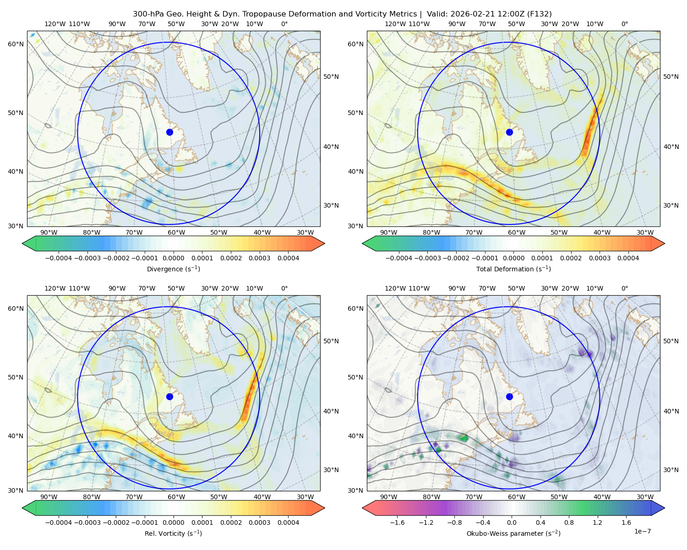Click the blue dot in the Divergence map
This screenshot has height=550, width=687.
169,132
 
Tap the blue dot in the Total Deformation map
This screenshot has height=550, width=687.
509,132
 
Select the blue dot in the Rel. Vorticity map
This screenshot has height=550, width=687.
169,396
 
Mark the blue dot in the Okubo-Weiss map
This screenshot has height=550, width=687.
509,396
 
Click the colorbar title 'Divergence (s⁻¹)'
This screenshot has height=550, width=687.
173,269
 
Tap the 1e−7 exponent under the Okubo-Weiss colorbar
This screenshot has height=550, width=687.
642,531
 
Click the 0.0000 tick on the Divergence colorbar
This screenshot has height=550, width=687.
173,258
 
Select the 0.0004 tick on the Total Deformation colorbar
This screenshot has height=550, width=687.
628,258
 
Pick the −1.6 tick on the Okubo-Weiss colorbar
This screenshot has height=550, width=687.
397,522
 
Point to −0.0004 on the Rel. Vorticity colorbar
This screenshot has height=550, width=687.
59,522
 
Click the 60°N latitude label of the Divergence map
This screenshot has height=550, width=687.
16,44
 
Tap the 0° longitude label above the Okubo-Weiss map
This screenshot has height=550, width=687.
624,288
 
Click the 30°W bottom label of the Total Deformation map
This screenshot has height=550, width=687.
645,232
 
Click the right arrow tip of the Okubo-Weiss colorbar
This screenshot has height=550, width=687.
665,508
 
